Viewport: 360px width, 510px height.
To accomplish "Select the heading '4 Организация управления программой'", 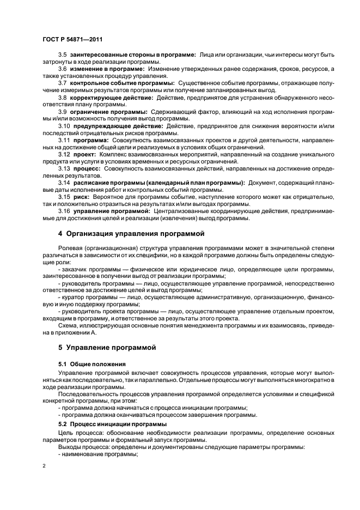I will (x=131, y=234).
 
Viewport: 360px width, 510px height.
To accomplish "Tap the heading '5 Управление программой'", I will (x=107, y=347).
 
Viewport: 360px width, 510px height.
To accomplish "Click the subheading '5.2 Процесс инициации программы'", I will (x=112, y=423).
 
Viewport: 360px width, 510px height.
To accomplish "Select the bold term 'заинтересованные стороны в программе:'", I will (x=135, y=56).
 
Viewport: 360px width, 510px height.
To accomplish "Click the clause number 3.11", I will (x=64, y=139).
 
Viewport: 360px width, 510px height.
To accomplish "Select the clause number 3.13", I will (x=64, y=168).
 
